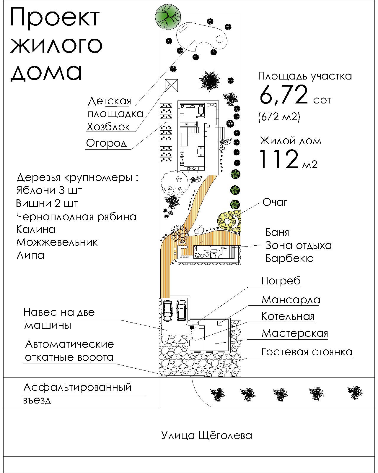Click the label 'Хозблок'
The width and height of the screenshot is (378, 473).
click(108, 127)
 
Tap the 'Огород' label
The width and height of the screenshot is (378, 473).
click(106, 143)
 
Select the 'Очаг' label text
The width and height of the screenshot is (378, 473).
click(275, 203)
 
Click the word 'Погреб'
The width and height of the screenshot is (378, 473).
click(281, 281)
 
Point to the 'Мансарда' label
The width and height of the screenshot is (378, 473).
click(291, 300)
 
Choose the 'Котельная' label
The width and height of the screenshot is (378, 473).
click(288, 317)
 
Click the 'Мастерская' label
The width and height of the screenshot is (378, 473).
click(295, 333)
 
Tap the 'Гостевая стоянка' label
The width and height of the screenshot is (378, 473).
click(307, 352)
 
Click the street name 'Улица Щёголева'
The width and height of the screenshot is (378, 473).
click(206, 435)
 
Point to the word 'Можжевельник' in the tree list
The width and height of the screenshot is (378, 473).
click(57, 242)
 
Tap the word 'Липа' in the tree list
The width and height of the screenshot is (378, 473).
click(30, 255)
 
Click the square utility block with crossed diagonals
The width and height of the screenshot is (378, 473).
click(171, 86)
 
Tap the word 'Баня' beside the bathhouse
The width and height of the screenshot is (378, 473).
click(277, 233)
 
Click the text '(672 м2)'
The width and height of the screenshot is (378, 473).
click(279, 117)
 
